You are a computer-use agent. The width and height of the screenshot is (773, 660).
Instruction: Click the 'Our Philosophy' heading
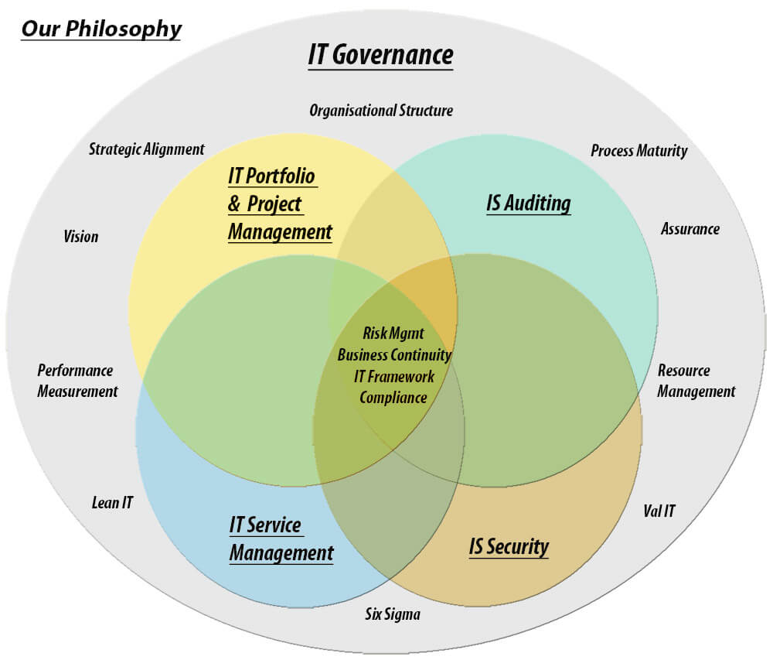pyautogui.click(x=101, y=29)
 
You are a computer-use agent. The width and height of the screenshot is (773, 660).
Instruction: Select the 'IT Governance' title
pyautogui.click(x=380, y=55)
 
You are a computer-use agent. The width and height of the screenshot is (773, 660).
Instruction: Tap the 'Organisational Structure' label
pyautogui.click(x=381, y=111)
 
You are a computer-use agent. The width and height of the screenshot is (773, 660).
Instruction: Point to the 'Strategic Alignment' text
pyautogui.click(x=146, y=149)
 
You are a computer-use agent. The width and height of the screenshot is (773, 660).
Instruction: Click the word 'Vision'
pyautogui.click(x=81, y=236)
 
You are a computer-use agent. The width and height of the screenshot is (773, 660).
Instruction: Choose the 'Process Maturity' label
pyautogui.click(x=639, y=151)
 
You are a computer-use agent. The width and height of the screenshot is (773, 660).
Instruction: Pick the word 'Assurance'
pyautogui.click(x=690, y=229)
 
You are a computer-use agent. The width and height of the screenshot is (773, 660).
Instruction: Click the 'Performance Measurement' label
pyautogui.click(x=77, y=381)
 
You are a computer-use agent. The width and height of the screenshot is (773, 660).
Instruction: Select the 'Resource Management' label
pyautogui.click(x=696, y=381)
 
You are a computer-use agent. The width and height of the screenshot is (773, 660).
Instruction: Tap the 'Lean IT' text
pyautogui.click(x=112, y=503)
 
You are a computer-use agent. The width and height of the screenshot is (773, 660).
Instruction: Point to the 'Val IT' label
pyautogui.click(x=659, y=511)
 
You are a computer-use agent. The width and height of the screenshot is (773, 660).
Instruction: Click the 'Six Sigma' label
pyautogui.click(x=393, y=614)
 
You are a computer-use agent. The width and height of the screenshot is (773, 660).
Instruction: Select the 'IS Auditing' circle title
pyautogui.click(x=529, y=203)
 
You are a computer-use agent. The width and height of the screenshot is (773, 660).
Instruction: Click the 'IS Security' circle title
pyautogui.click(x=509, y=546)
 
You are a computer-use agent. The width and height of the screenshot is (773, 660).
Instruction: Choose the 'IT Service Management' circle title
pyautogui.click(x=281, y=539)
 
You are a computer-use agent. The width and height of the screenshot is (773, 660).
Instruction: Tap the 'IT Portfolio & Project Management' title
pyautogui.click(x=280, y=203)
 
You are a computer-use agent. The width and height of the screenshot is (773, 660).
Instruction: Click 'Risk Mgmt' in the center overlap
pyautogui.click(x=393, y=333)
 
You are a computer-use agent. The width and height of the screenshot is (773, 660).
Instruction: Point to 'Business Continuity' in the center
pyautogui.click(x=394, y=355)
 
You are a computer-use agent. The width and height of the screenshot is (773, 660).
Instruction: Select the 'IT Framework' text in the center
pyautogui.click(x=394, y=377)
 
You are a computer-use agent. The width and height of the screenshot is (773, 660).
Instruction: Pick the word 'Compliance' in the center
pyautogui.click(x=393, y=398)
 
